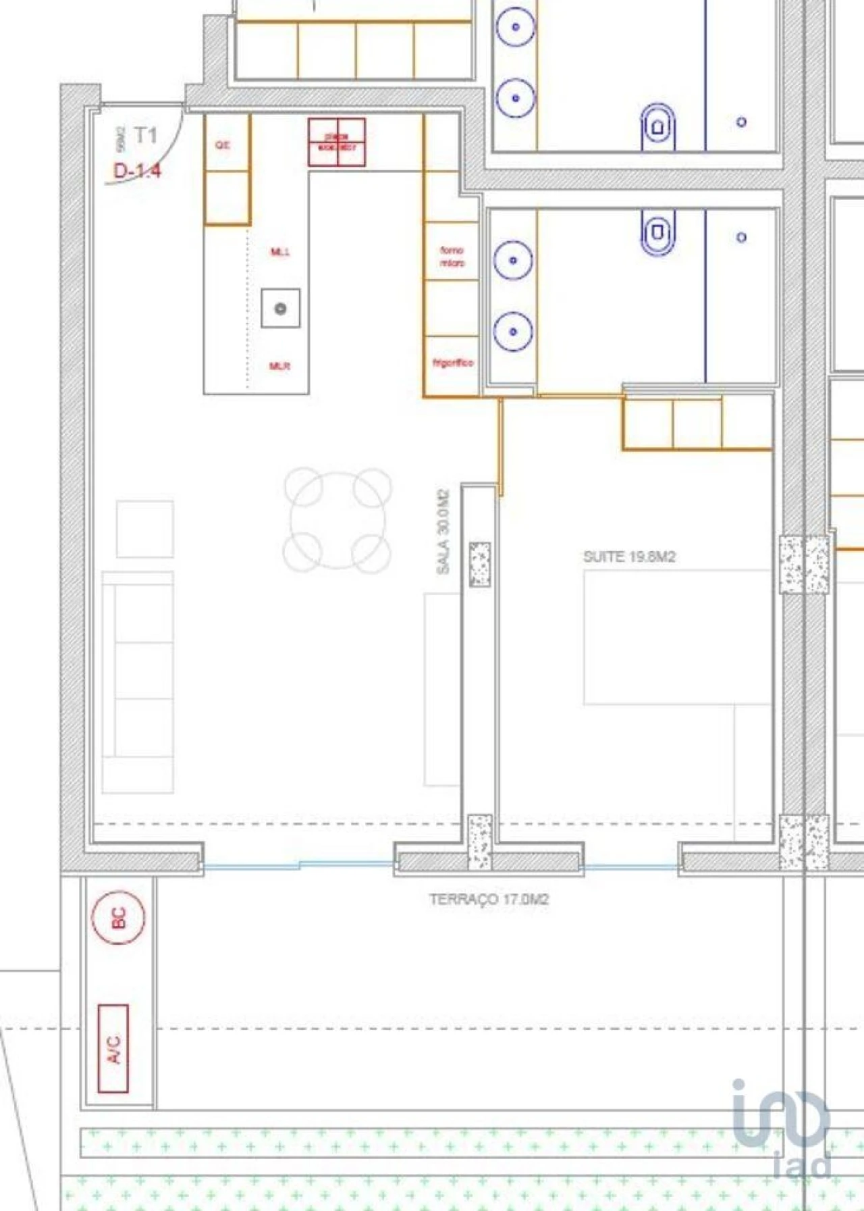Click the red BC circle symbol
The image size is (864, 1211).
(x=119, y=917)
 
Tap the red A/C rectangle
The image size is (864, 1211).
(x=113, y=1048)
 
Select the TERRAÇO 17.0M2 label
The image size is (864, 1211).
(x=489, y=899)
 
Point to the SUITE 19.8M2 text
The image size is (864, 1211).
(x=629, y=557)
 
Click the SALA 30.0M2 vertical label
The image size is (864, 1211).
(x=443, y=532)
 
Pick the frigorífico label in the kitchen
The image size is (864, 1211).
(x=452, y=363)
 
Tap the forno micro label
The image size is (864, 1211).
(x=452, y=257)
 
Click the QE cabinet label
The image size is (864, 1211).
(x=223, y=145)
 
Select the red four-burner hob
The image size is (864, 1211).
(x=337, y=143)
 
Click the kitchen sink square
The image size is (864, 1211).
(x=281, y=309)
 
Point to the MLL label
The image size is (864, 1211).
(x=280, y=252)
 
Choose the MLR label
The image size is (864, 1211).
(x=279, y=366)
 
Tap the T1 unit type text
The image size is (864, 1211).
(x=145, y=136)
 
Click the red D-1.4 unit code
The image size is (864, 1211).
(x=137, y=171)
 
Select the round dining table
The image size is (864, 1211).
(x=337, y=520)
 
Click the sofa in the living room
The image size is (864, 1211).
(x=138, y=682)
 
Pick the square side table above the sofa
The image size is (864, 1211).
(x=144, y=529)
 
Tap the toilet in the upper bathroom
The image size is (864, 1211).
(x=657, y=126)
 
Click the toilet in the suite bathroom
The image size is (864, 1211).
(x=657, y=232)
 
